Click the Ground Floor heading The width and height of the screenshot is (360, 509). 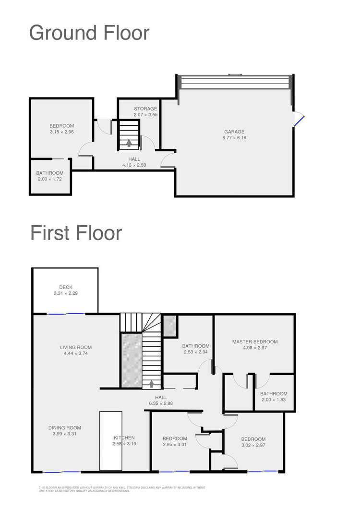89,33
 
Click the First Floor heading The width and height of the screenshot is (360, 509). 76,233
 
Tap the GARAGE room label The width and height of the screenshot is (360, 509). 234,132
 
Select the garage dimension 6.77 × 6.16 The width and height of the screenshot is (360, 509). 234,138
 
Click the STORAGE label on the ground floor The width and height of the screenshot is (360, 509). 145,109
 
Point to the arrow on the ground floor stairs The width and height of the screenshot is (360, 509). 129,142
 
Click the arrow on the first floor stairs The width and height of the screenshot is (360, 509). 152,384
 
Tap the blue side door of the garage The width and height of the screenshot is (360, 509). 299,119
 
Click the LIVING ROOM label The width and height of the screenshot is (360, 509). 76,348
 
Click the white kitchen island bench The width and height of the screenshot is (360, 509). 111,440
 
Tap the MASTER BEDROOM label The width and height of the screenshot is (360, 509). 255,342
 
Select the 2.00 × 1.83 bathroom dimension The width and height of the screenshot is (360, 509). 274,400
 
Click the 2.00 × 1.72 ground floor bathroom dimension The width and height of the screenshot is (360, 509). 50,179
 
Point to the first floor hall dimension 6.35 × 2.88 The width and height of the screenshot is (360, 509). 161,403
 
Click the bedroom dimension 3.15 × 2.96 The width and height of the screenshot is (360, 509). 61,132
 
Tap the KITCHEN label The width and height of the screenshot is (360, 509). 124,437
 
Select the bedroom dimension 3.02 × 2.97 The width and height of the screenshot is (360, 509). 253,445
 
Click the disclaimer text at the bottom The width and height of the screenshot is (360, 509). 122,489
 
